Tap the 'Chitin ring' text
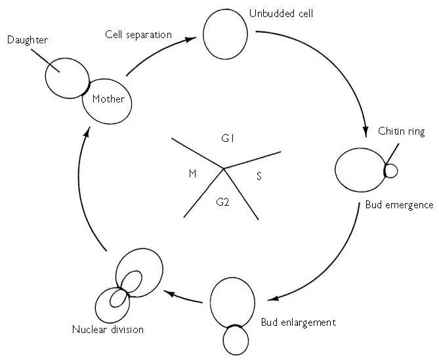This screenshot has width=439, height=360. pyautogui.click(x=402, y=131)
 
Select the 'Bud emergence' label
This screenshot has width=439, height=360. pyautogui.click(x=399, y=205)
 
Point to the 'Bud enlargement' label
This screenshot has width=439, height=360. pyautogui.click(x=298, y=323)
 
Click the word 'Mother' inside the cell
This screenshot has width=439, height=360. pyautogui.click(x=108, y=100)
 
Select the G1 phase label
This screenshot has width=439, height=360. pyautogui.click(x=228, y=139)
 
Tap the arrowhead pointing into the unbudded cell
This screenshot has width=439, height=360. pyautogui.click(x=191, y=39)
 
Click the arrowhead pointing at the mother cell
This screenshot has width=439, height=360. pyautogui.click(x=82, y=131)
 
